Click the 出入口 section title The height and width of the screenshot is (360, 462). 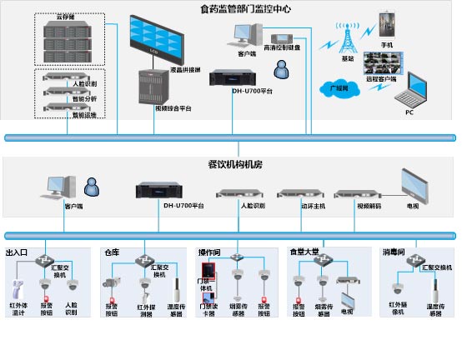(x=18, y=252)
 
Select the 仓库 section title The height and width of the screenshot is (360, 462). (x=112, y=252)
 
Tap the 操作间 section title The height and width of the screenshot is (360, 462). (x=209, y=252)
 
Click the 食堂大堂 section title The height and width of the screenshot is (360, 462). (x=302, y=252)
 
